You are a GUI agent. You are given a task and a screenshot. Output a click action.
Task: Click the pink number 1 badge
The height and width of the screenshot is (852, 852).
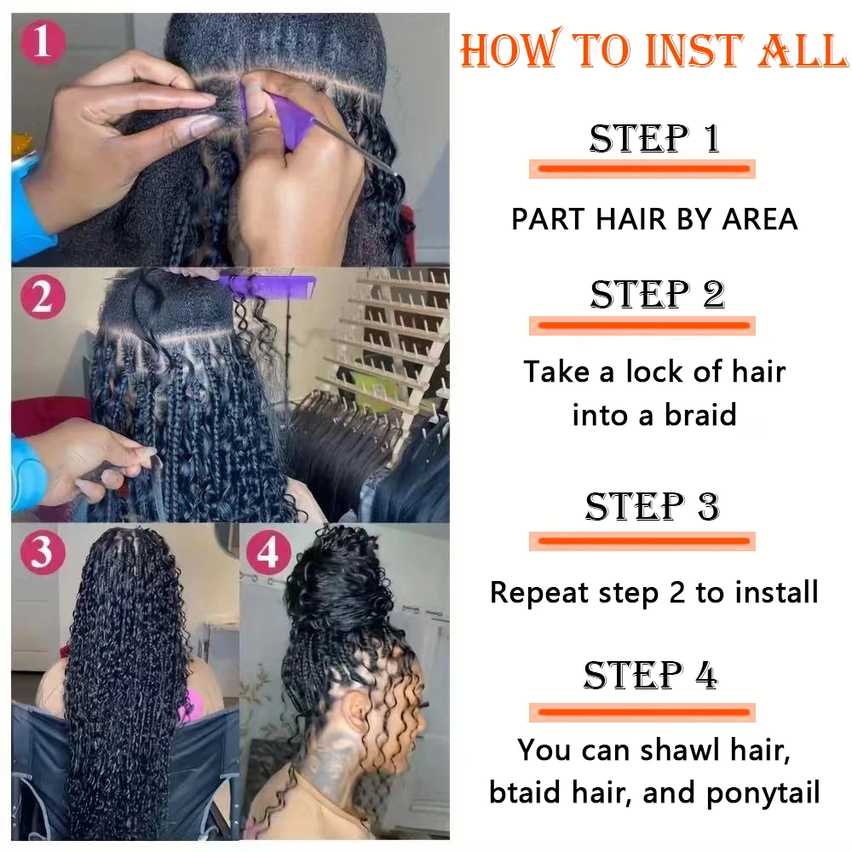click(43, 42)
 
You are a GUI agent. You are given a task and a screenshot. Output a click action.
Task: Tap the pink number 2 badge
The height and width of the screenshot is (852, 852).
click(43, 297)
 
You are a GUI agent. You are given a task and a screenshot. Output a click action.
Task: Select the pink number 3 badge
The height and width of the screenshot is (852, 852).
click(43, 553)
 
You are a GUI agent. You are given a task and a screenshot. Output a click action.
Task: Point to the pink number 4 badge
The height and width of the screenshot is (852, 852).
click(268, 553)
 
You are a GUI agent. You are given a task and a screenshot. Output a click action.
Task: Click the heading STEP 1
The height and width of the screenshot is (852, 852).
click(654, 138)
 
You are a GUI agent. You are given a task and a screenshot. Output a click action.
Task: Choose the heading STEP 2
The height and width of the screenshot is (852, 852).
click(658, 295)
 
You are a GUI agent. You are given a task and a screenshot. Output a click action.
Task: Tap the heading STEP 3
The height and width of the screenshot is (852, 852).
click(653, 506)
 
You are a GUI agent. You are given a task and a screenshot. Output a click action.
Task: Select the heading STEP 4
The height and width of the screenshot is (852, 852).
click(651, 675)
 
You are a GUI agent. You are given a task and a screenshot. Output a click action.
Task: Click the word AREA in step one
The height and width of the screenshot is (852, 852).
click(760, 219)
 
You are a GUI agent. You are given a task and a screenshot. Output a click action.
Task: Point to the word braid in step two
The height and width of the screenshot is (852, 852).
click(700, 415)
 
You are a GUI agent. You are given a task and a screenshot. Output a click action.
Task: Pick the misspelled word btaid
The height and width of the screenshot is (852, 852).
click(525, 792)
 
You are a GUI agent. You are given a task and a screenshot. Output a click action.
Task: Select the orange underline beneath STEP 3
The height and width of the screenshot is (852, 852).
click(642, 541)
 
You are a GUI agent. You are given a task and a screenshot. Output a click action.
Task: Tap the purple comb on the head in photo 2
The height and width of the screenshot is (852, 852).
click(266, 285)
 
